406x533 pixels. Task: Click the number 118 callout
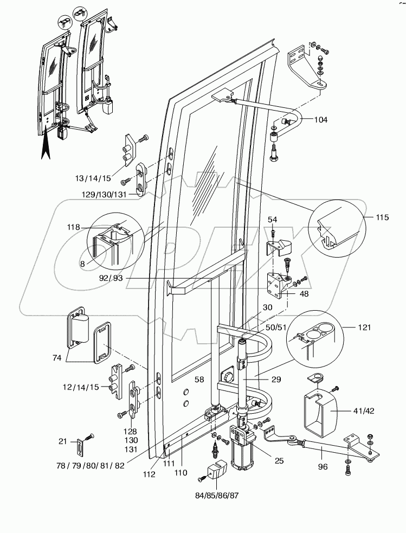pyautogui.click(x=74, y=227)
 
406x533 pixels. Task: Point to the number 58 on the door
pyautogui.click(x=199, y=380)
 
